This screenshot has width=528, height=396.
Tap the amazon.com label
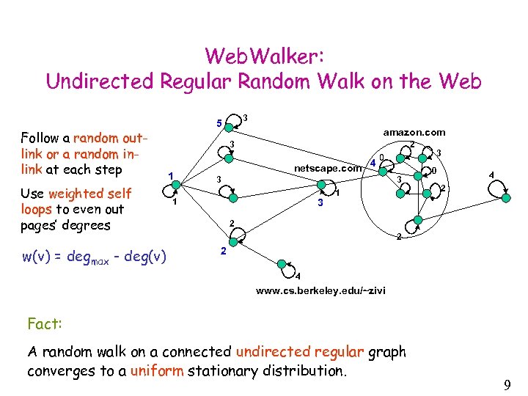click(x=414, y=133)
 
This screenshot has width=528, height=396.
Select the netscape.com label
click(x=328, y=168)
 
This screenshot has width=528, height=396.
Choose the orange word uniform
click(x=156, y=370)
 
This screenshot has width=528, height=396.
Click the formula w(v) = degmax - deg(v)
click(x=93, y=256)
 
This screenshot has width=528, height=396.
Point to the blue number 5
click(x=219, y=122)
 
